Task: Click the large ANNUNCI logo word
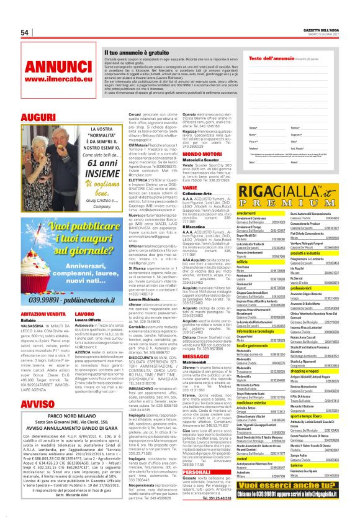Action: point(50,65)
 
